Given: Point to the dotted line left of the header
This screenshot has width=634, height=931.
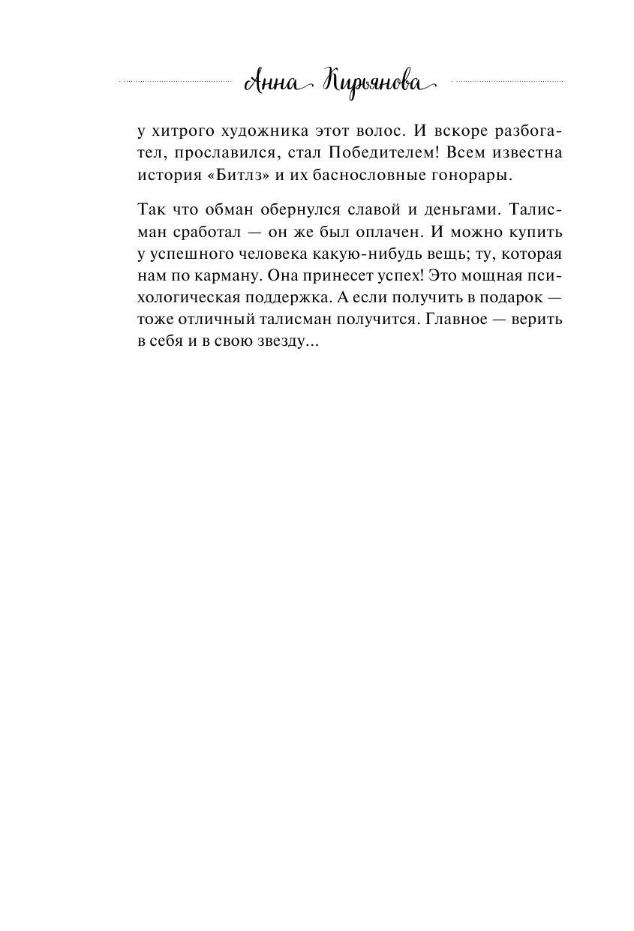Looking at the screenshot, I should [176, 80].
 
